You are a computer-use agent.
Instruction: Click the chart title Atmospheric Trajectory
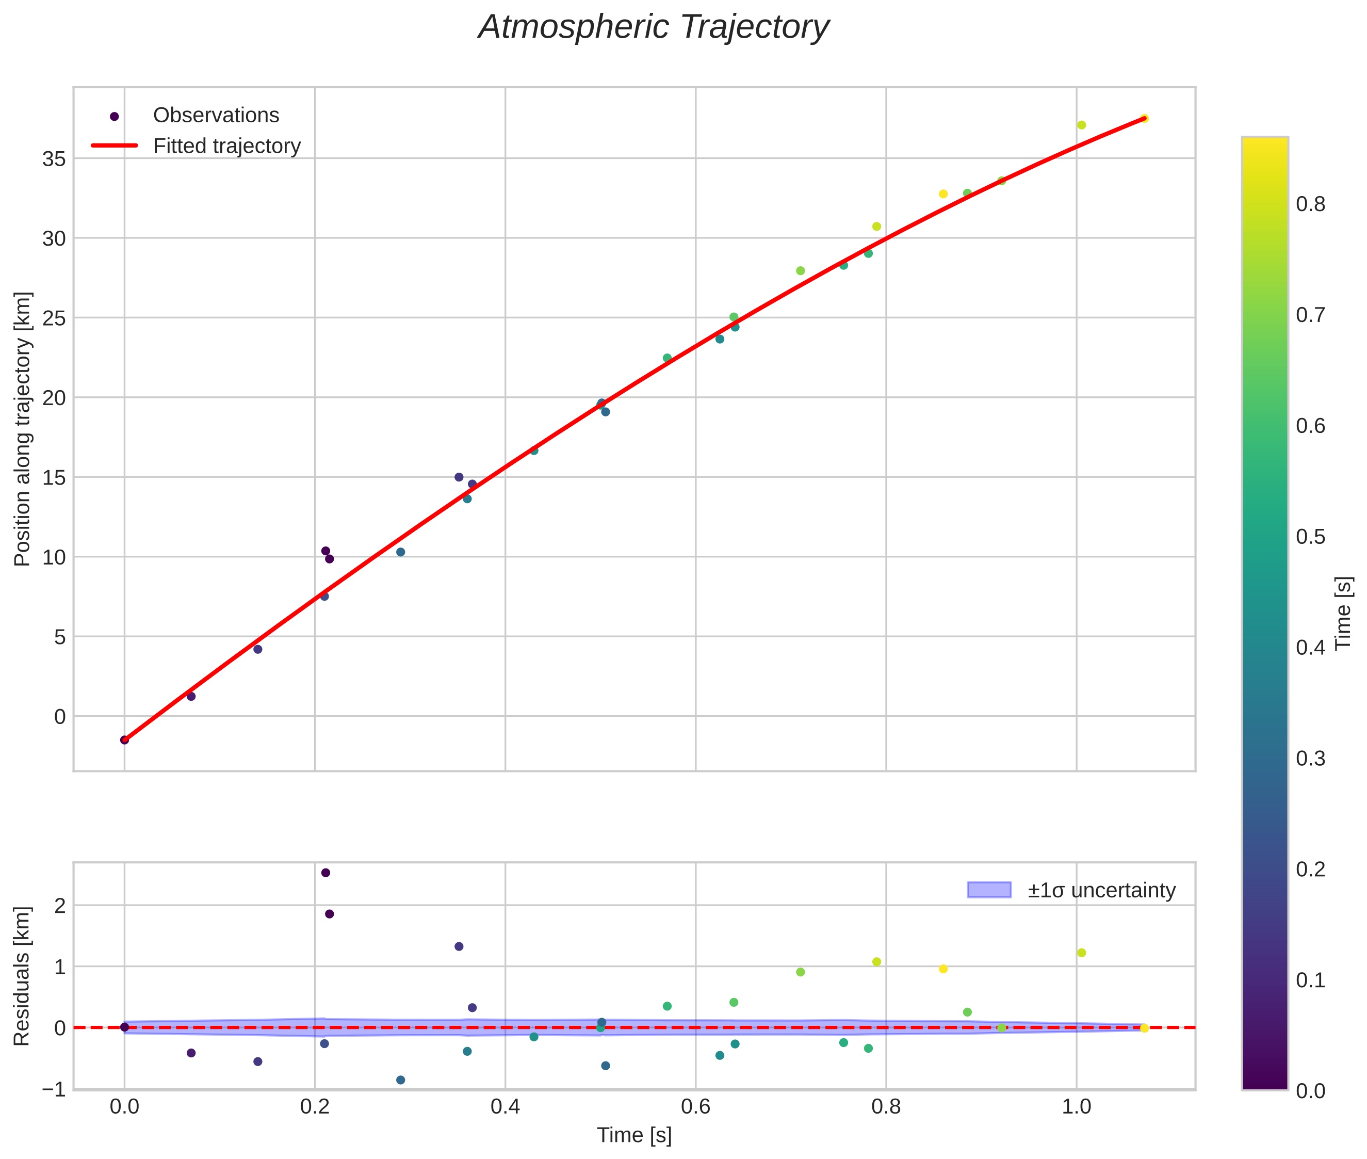[x=654, y=27]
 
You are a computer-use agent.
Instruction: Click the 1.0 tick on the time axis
[x=1076, y=1107]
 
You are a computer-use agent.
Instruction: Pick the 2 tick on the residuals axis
[x=60, y=906]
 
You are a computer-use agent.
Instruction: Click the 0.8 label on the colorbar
[x=1310, y=204]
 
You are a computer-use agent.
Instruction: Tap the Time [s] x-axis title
[x=634, y=1135]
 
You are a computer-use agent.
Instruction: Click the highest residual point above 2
[x=325, y=873]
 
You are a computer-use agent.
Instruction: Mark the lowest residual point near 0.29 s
[x=401, y=1080]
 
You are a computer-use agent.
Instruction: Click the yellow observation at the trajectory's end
[x=1144, y=118]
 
